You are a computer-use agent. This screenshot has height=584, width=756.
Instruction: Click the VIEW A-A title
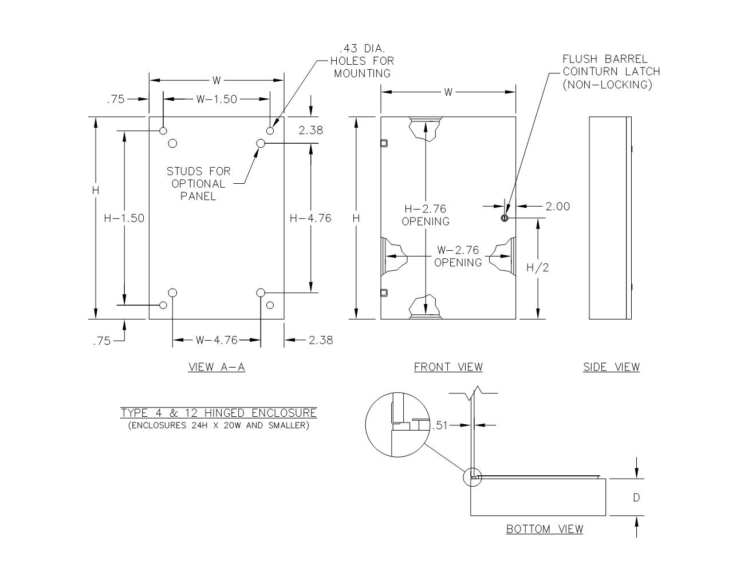point(216,367)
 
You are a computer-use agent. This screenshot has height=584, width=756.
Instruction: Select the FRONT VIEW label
point(448,367)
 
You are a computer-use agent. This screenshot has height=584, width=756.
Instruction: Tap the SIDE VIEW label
point(611,367)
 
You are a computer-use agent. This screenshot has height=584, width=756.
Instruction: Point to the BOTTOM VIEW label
point(545,529)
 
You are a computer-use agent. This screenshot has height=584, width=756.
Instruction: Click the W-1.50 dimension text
point(216,99)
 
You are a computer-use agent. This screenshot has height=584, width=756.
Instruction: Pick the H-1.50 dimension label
point(124,218)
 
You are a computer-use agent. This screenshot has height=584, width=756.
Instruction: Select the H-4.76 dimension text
point(310,218)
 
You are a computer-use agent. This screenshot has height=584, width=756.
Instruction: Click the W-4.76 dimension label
point(216,340)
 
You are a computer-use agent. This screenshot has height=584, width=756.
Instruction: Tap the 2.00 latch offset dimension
point(557,207)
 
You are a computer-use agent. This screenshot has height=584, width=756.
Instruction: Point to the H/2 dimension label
point(537,267)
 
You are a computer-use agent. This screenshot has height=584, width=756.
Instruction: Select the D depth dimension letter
point(636,498)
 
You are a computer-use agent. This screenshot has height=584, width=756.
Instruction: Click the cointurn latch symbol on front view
point(505,218)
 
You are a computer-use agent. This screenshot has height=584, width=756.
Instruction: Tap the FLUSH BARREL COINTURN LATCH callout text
point(611,72)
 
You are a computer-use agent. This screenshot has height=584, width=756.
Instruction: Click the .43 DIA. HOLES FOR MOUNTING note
point(363,61)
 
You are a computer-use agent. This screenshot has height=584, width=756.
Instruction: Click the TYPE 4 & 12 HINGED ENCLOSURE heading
point(219,413)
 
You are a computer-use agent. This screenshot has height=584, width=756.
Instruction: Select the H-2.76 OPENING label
point(426,215)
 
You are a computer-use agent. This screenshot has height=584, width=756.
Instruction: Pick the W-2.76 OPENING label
point(458,256)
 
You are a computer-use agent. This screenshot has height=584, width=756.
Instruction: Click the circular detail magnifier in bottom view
point(397,424)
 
